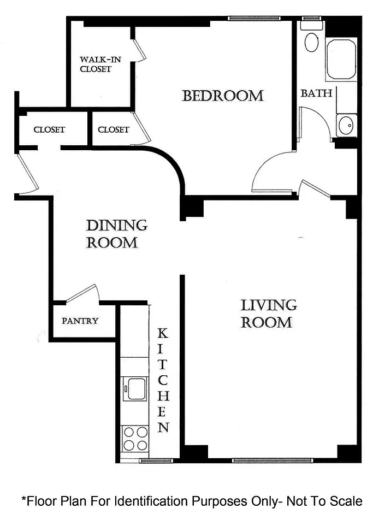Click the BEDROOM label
pyautogui.click(x=223, y=96)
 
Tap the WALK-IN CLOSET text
pyautogui.click(x=100, y=64)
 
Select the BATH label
pyautogui.click(x=316, y=93)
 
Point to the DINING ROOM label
pyautogui.click(x=117, y=234)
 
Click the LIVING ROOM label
pyautogui.click(x=269, y=314)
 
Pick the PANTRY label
pyautogui.click(x=80, y=321)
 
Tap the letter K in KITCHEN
pyautogui.click(x=163, y=334)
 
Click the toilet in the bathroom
pyautogui.click(x=311, y=38)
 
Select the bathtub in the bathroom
pyautogui.click(x=341, y=58)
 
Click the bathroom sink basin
pyautogui.click(x=346, y=125)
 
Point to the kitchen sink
pyautogui.click(x=137, y=388)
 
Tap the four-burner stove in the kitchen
pyautogui.click(x=135, y=439)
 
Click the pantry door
pyautogui.click(x=82, y=293)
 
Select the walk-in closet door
pyautogui.click(x=139, y=50)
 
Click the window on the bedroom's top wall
pyautogui.click(x=254, y=19)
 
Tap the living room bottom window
pyautogui.click(x=273, y=460)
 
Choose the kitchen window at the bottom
pyautogui.click(x=156, y=460)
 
